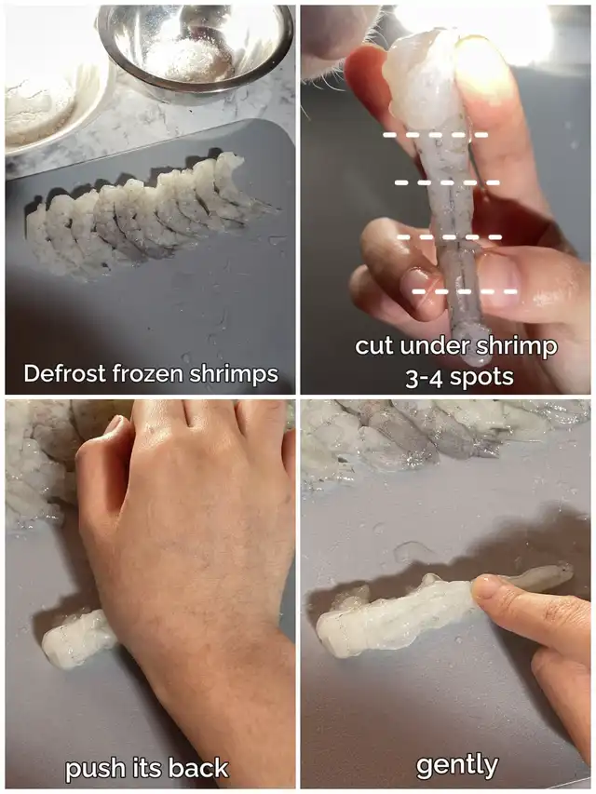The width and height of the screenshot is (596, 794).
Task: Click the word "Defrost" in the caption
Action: (x=64, y=373)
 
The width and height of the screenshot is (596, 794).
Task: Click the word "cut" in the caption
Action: (x=374, y=346)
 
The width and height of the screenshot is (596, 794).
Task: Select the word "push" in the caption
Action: (x=95, y=770)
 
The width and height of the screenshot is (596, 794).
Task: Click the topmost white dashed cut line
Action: (x=435, y=135)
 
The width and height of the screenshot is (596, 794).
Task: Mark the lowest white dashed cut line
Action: (x=465, y=291)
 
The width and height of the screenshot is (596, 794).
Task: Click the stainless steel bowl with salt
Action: (x=196, y=48)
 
